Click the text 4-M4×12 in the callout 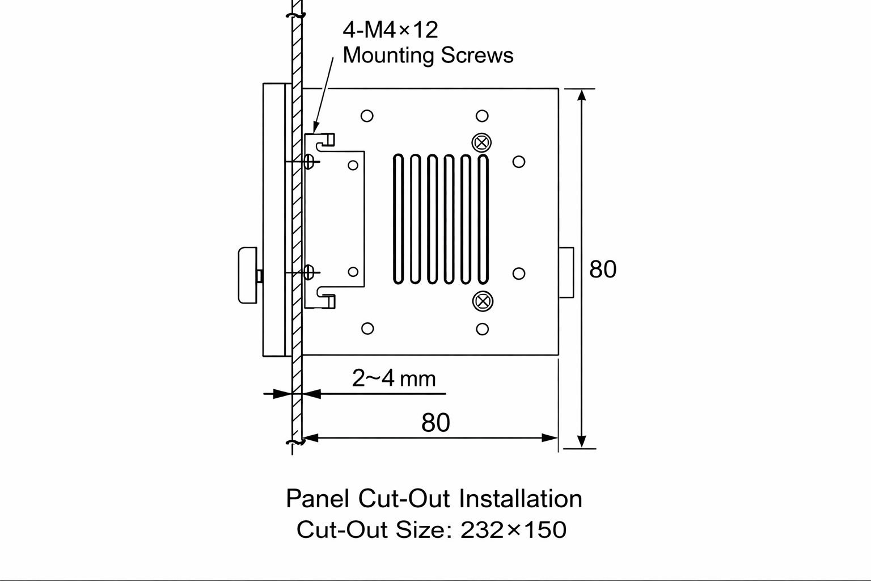[390, 30]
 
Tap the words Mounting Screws [428, 56]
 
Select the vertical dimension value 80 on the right [602, 270]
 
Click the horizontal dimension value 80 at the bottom [435, 423]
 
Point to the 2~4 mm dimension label [394, 378]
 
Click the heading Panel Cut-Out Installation [434, 499]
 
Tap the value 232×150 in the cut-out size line [513, 530]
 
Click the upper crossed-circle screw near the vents [482, 142]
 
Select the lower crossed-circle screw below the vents [482, 301]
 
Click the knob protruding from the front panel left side [247, 275]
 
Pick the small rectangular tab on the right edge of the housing [566, 272]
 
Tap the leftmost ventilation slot [399, 218]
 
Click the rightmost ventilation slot [483, 218]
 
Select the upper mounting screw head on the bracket [309, 162]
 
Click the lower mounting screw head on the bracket [309, 272]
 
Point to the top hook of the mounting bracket [327, 140]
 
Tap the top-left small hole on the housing [367, 116]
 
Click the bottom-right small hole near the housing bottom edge [482, 329]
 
